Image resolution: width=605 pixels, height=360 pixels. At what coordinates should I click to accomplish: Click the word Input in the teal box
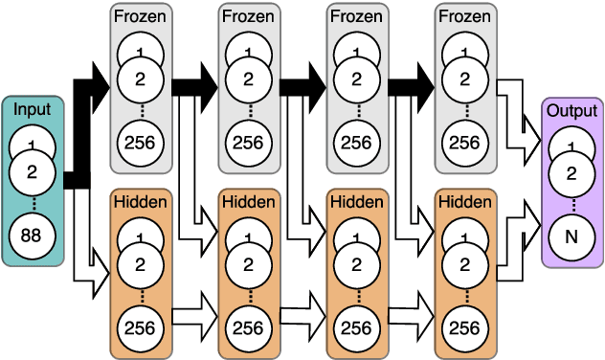34,110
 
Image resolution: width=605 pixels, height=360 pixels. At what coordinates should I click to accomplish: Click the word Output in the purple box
571,110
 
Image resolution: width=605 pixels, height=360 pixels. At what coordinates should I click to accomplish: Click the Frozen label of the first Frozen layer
140,15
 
